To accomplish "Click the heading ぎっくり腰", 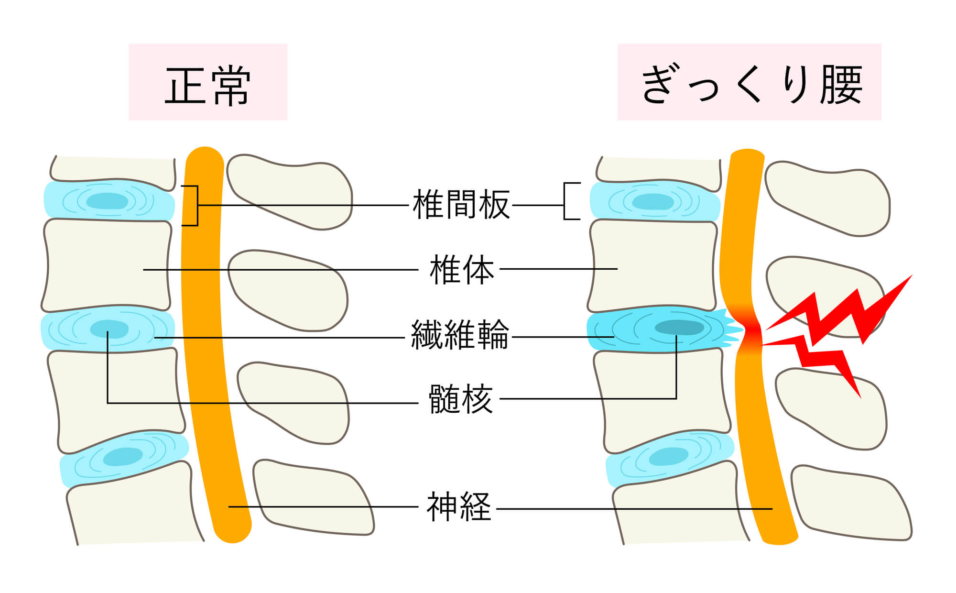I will (x=750, y=85).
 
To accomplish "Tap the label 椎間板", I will (x=461, y=205).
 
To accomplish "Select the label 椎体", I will (x=462, y=270).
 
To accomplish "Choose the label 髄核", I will (x=461, y=399).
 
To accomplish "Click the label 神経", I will (x=459, y=507).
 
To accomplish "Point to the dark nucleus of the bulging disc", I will (x=679, y=328).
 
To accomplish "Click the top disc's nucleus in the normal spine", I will (x=108, y=201).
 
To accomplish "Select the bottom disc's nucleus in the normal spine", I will (x=123, y=457).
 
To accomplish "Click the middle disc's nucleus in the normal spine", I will (x=109, y=329).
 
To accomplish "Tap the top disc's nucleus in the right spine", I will (x=653, y=201).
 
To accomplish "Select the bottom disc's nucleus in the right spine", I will (x=669, y=457).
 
